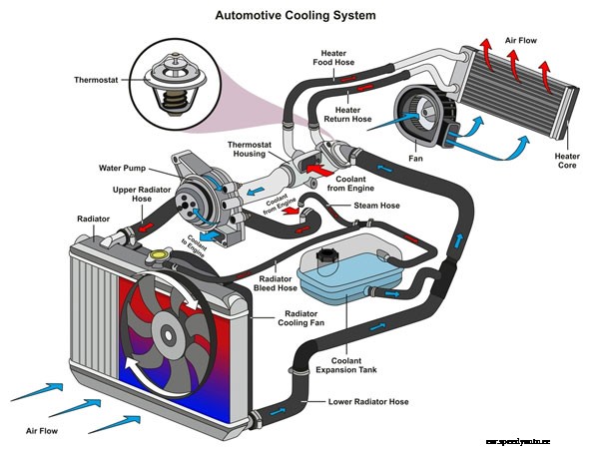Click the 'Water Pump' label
[x=124, y=168]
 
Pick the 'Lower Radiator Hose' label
[x=368, y=402]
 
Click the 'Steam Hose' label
[x=376, y=206]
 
